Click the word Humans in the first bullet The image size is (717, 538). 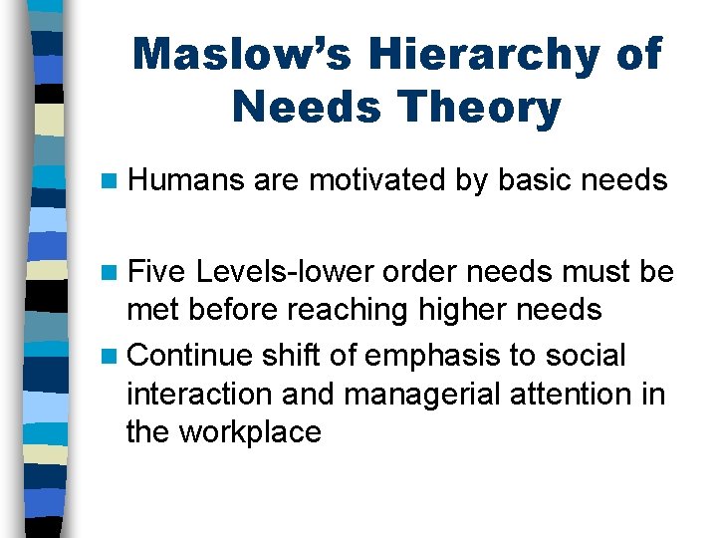[186, 180]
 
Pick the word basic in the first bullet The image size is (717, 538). [537, 180]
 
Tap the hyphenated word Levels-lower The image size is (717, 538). [283, 272]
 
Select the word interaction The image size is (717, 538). [200, 394]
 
